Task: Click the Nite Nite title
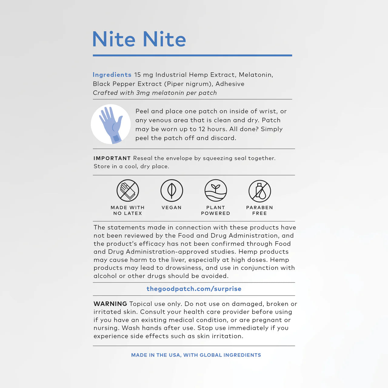pos(139,39)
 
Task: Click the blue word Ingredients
pos(112,75)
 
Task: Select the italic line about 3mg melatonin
pos(155,93)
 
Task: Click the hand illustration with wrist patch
pos(111,124)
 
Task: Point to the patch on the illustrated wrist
pos(116,139)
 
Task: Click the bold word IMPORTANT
pos(112,158)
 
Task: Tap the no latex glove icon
pos(128,191)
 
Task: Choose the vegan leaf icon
pos(172,191)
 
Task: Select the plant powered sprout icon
pos(216,191)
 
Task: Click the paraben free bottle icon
pos(259,191)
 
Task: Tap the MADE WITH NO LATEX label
pos(128,210)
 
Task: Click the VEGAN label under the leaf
pos(172,208)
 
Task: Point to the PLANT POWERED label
pos(216,210)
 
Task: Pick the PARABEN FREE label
pos(259,210)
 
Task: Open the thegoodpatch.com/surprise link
pos(194,289)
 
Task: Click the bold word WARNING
pos(110,304)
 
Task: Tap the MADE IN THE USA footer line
pos(196,355)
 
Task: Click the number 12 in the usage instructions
pos(202,129)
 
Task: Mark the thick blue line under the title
pos(192,55)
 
